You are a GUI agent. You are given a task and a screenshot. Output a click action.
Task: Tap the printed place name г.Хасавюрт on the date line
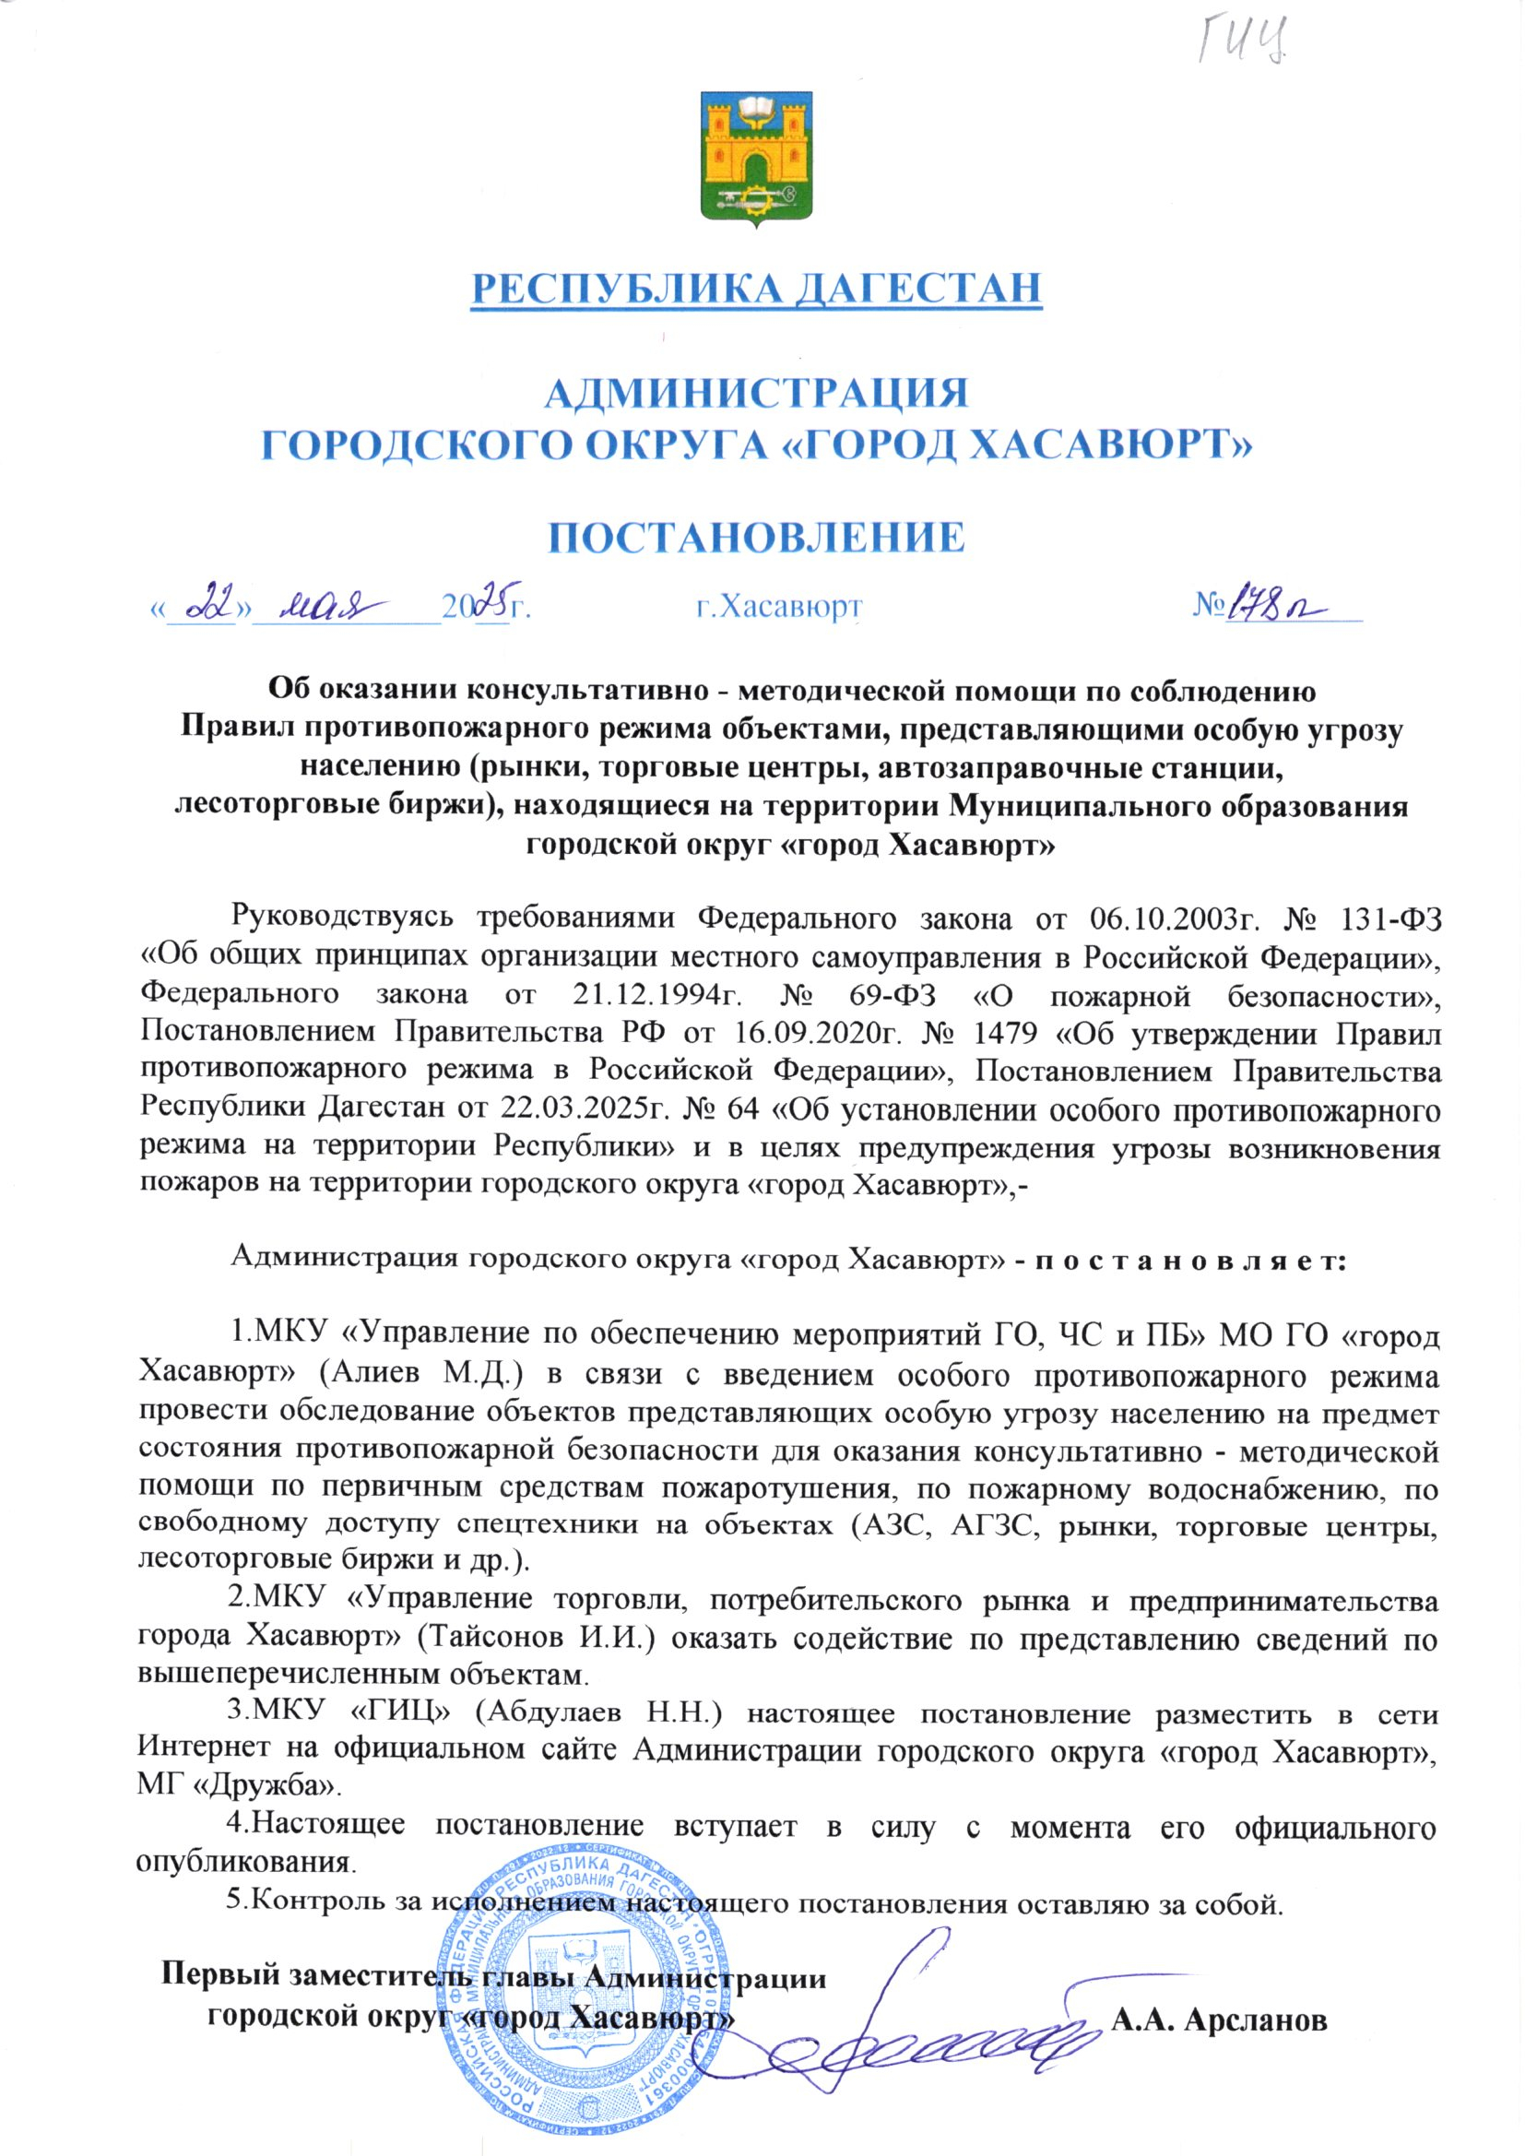778,608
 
